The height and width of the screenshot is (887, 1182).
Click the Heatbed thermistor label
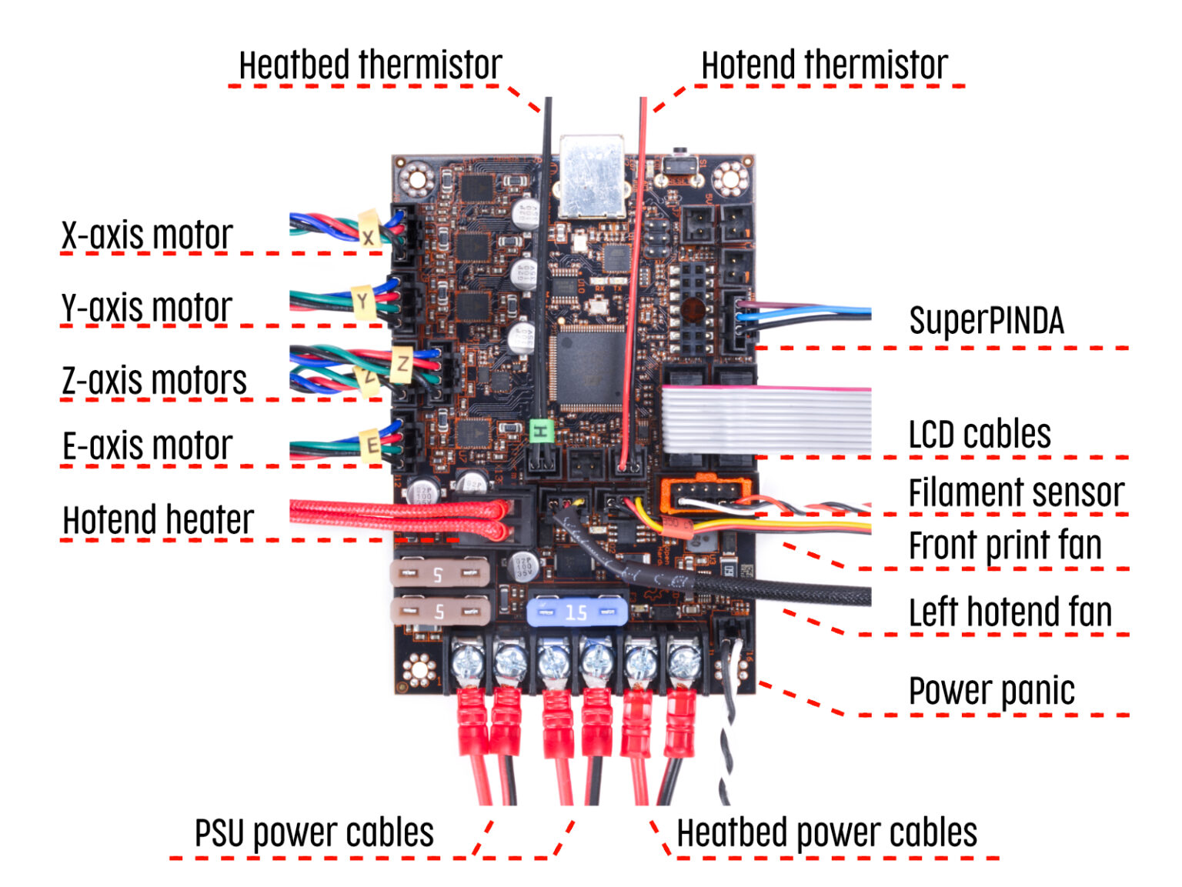[370, 65]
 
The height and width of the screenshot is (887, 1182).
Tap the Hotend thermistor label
[824, 65]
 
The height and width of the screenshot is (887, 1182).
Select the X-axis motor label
[147, 235]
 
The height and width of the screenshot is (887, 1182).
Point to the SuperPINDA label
[986, 320]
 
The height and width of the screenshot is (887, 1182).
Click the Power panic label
[991, 690]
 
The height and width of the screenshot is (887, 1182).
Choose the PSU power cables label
[314, 832]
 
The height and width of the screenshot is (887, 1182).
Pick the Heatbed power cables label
[826, 832]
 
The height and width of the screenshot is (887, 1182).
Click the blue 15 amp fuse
[576, 612]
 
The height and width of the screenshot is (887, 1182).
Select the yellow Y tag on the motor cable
[362, 301]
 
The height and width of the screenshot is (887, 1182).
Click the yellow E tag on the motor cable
[372, 445]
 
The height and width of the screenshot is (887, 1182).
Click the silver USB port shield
[592, 176]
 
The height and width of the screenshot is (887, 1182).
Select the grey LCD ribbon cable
[766, 420]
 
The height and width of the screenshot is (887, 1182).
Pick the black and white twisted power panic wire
[728, 739]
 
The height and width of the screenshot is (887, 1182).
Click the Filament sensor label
[1016, 492]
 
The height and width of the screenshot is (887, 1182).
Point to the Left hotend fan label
[1010, 612]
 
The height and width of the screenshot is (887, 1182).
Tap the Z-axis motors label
[155, 380]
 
